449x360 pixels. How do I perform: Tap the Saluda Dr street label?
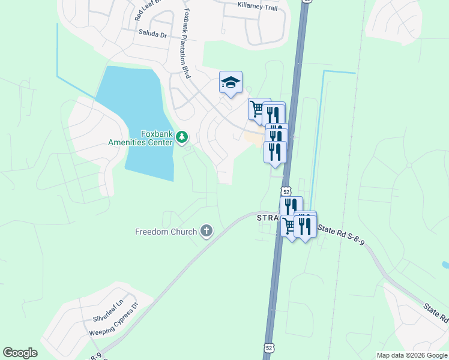pyautogui.click(x=152, y=34)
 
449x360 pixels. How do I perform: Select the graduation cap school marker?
pyautogui.click(x=231, y=83)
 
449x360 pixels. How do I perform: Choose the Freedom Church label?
pyautogui.click(x=166, y=232)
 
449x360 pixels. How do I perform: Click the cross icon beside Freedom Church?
pyautogui.click(x=206, y=231)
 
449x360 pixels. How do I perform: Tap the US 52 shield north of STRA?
pyautogui.click(x=287, y=191)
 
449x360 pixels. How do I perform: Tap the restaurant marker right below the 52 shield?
pyautogui.click(x=291, y=206)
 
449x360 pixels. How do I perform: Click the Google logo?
pyautogui.click(x=20, y=353)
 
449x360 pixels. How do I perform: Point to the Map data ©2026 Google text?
pyautogui.click(x=412, y=355)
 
